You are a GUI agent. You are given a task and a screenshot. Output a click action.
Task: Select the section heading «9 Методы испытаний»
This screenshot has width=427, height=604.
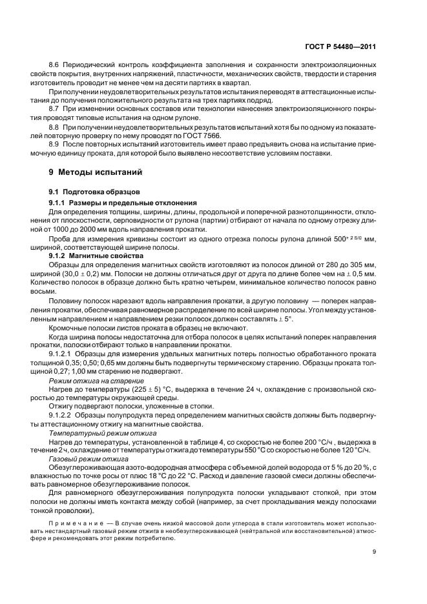click(92, 172)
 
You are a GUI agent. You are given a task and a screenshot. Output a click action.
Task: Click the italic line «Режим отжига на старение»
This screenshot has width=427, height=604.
click(88, 381)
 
